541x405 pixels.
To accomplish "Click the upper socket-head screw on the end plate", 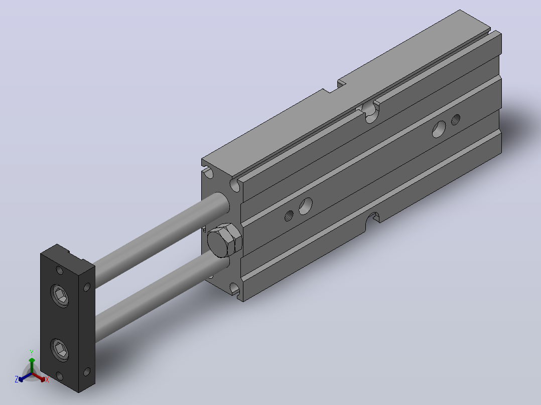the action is click(x=59, y=295).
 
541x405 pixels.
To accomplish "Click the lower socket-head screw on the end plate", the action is click(x=59, y=350).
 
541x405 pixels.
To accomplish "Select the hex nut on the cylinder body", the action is click(x=224, y=240).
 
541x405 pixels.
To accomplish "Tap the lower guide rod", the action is click(x=161, y=295).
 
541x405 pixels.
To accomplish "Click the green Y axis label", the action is click(x=32, y=353).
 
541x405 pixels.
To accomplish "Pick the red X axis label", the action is click(x=47, y=380).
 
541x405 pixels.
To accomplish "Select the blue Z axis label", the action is click(x=17, y=379).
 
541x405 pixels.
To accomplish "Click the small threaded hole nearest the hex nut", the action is click(x=289, y=216).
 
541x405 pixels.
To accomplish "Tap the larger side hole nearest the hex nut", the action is click(x=306, y=206).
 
